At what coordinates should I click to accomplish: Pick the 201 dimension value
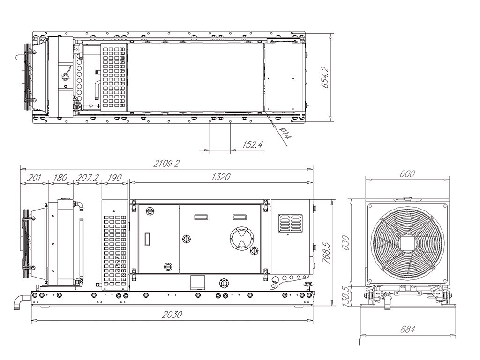[x=33, y=177]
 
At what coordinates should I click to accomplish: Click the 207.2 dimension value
[x=87, y=177]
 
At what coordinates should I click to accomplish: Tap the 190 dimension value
[x=114, y=177]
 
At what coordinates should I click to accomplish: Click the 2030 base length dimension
[x=172, y=315]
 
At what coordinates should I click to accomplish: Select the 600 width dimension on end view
[x=407, y=173]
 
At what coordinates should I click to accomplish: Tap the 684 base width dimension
[x=407, y=329]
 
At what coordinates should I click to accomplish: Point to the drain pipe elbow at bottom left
[x=21, y=300]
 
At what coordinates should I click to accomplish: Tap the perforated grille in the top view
[x=114, y=77]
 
